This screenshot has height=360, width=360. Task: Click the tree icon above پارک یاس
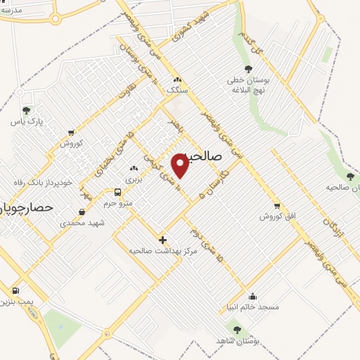click(x=26, y=110)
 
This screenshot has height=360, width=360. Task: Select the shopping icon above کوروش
click(x=70, y=132)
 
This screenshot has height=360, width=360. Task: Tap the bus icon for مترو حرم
click(x=117, y=192)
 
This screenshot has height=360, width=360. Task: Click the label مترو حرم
click(x=117, y=203)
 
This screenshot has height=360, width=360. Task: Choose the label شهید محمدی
click(x=82, y=223)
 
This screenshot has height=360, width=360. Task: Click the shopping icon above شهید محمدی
click(x=82, y=212)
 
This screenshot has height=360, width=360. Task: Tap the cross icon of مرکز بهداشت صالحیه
click(x=163, y=240)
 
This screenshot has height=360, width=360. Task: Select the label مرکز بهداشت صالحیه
click(x=163, y=250)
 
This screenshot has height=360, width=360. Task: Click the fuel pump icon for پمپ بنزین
click(x=15, y=290)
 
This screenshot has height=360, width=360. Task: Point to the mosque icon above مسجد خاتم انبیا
click(x=253, y=296)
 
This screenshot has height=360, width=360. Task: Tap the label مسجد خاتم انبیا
click(x=253, y=307)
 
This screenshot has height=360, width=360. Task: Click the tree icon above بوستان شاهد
click(x=236, y=329)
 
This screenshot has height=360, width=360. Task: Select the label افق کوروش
click(x=276, y=217)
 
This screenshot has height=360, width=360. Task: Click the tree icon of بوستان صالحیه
click(x=350, y=176)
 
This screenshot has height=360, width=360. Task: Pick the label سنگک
click(x=177, y=91)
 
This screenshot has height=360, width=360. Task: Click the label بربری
click(x=134, y=179)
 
